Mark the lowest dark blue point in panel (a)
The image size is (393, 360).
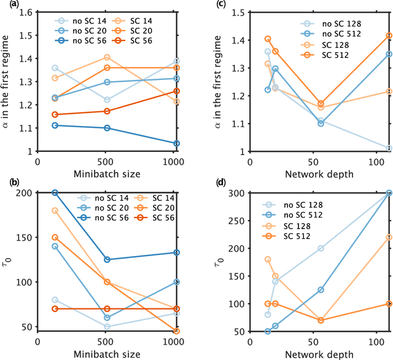pyautogui.click(x=177, y=143)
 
